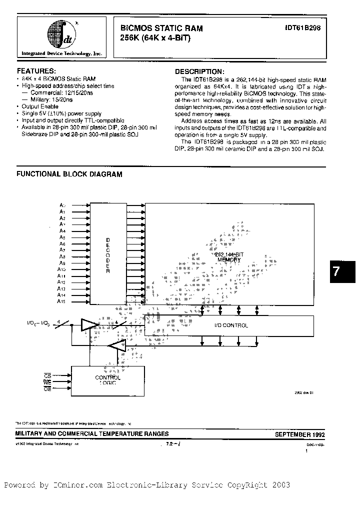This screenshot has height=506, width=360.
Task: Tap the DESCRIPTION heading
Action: pos(202,71)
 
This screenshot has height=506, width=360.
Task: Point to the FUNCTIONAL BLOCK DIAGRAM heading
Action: pos(69,174)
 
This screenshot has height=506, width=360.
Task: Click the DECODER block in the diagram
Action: pos(107,255)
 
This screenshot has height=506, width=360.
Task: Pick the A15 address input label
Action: pos(62,301)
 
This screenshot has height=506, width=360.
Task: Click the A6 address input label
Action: pos(62,243)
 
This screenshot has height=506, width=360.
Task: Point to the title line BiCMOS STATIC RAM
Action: pos(161,29)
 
